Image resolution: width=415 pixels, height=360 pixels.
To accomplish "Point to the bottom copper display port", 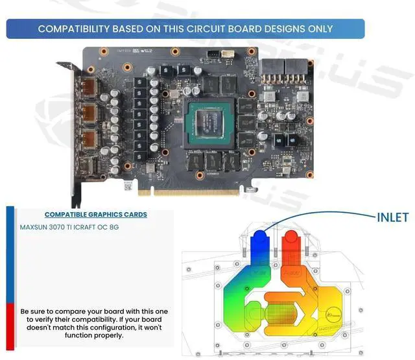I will coord(89,139).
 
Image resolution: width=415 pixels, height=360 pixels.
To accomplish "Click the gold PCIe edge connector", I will coord(195,192).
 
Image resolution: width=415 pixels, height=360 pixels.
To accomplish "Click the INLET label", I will coord(393,217).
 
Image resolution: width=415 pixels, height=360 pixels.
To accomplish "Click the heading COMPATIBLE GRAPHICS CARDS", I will coord(95,215).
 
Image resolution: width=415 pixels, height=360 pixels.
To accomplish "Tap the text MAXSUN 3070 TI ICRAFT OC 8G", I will coord(69,228).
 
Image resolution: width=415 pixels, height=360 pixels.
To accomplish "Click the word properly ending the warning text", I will coord(110,336).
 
